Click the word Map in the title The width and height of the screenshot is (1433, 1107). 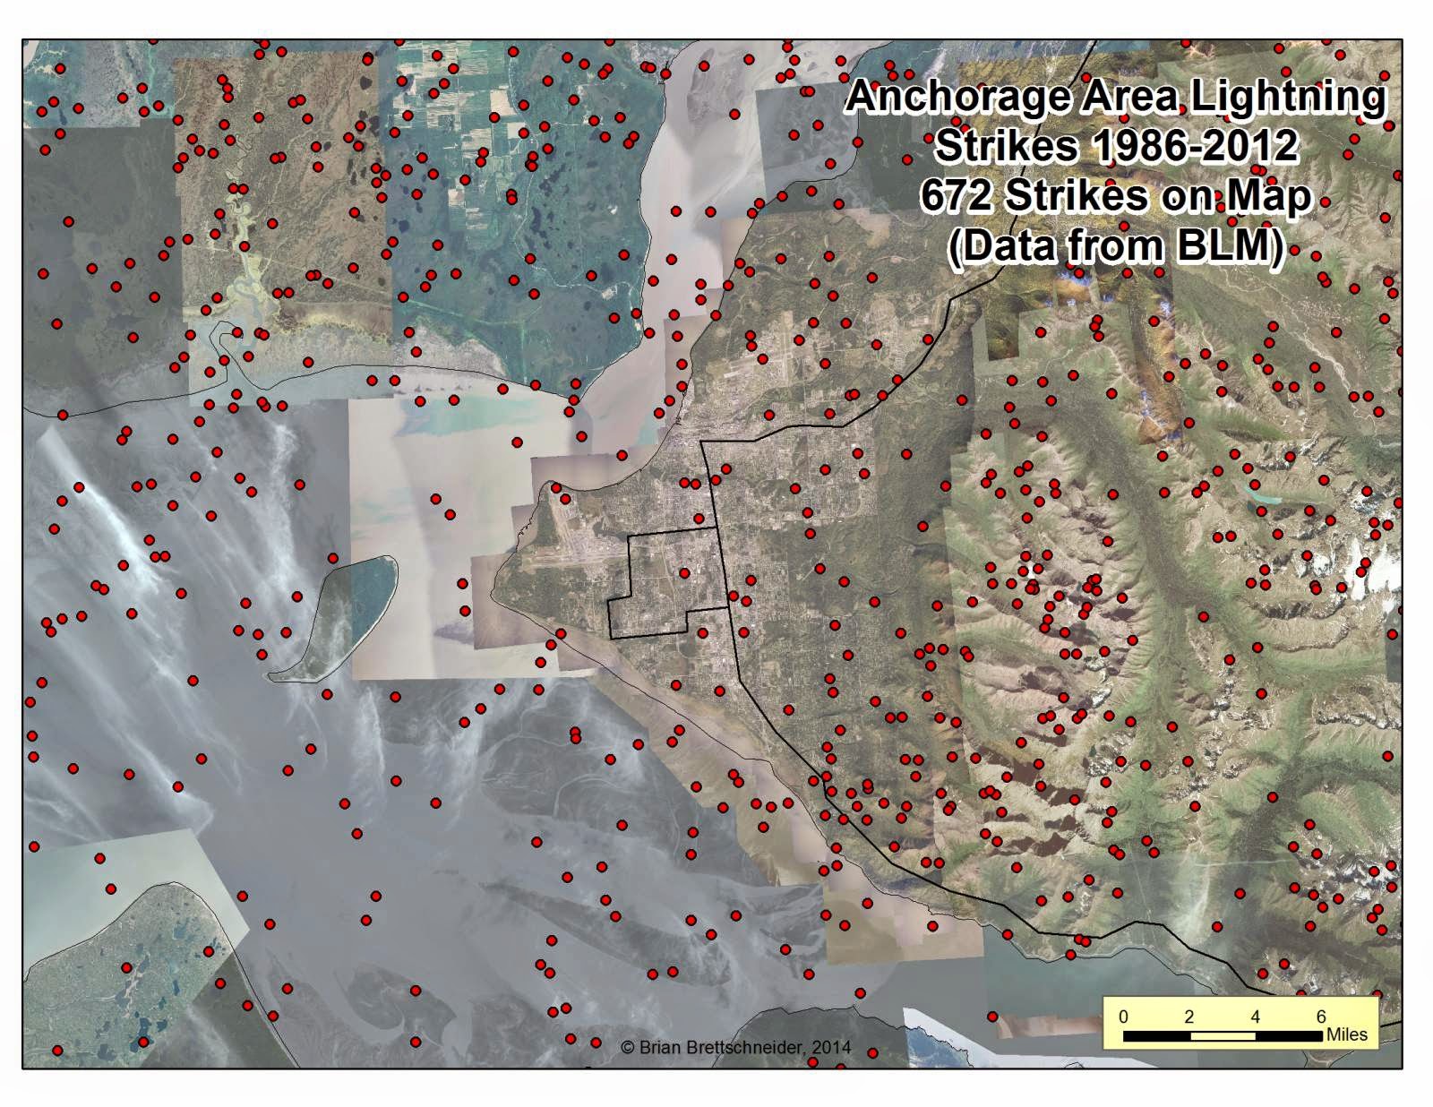pos(1270,195)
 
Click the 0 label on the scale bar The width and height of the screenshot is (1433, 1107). pos(1124,1017)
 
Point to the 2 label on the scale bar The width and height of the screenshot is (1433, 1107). pos(1189,1017)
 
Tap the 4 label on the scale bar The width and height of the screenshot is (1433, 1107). pos(1256,1017)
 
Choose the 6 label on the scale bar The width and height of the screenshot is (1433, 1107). pos(1321,1017)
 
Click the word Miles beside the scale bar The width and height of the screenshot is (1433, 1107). pos(1347,1034)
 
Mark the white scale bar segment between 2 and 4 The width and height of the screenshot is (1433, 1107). pos(1223,1035)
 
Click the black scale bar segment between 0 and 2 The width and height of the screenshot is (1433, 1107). pos(1156,1035)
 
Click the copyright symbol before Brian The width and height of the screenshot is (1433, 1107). pos(627,1047)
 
